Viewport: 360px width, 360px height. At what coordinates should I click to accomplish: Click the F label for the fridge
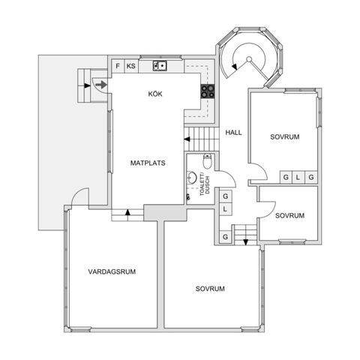[x=118, y=66]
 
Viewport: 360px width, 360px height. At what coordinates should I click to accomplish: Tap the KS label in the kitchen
[x=131, y=66]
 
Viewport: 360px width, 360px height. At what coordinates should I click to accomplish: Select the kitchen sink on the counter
[x=159, y=66]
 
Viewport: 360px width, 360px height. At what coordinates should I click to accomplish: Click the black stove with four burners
[x=208, y=92]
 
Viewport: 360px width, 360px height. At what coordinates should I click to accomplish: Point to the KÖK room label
[x=155, y=94]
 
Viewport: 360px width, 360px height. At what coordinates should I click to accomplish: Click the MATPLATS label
[x=147, y=162]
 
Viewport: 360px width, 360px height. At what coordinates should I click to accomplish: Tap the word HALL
[x=233, y=132]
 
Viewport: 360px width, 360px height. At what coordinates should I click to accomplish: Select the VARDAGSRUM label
[x=111, y=271]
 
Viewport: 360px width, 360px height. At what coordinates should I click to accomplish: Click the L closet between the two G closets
[x=297, y=177]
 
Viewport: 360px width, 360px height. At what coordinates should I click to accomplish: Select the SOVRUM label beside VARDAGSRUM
[x=211, y=288]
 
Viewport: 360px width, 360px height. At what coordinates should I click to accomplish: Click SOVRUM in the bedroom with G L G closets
[x=285, y=137]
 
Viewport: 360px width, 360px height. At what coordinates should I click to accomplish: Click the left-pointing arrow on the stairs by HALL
[x=187, y=139]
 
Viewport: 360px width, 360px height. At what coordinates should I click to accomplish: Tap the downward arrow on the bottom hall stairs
[x=245, y=241]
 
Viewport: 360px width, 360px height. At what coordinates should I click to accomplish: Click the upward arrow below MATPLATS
[x=128, y=212]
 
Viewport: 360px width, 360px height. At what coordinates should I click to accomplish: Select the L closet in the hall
[x=225, y=210]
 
